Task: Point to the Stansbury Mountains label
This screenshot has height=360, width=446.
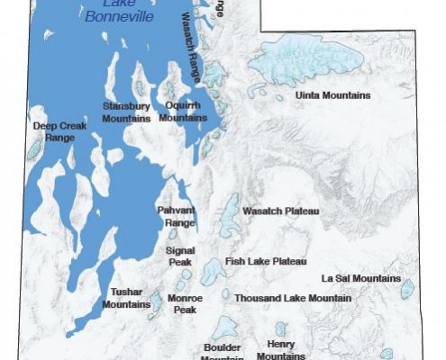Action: pos(125,112)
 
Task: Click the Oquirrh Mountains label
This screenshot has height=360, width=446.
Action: pos(184,112)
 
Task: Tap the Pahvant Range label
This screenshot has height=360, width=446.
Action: pos(177,215)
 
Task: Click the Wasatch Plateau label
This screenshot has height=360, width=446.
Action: pos(281,211)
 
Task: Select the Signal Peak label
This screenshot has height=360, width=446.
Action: pos(180,256)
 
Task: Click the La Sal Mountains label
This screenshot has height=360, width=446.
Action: pos(360,278)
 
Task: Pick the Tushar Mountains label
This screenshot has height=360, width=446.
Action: pos(126,298)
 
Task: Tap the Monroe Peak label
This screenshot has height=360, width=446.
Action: pos(186,303)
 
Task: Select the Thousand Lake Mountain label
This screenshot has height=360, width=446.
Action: pos(293,297)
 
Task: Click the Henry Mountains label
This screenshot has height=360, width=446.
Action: pos(280,349)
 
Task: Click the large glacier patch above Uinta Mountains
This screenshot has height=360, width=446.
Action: pos(310,59)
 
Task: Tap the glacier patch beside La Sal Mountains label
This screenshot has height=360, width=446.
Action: pos(407,289)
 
